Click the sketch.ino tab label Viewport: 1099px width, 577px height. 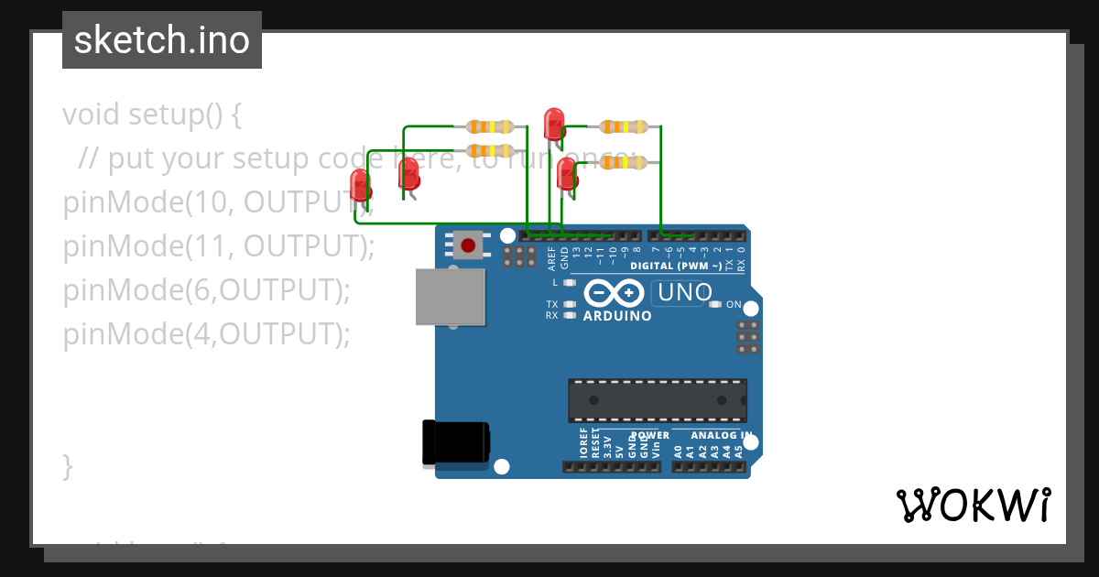[x=162, y=40]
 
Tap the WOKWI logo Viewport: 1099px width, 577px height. [x=974, y=506]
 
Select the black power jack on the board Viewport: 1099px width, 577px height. [x=455, y=443]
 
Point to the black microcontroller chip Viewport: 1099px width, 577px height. [x=657, y=400]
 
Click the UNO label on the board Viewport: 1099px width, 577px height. [x=682, y=293]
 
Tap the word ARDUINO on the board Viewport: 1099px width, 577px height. [x=615, y=316]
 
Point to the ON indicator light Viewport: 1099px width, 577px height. [x=714, y=304]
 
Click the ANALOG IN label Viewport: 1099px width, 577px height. [x=722, y=435]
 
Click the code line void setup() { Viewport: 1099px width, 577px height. [x=152, y=115]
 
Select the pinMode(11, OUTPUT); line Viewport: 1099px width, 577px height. [x=219, y=246]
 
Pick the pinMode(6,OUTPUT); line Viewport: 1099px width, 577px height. [x=207, y=290]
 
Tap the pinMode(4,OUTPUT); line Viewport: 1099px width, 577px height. [x=207, y=334]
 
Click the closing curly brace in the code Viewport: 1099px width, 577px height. [x=67, y=465]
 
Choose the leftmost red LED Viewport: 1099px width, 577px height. [x=360, y=187]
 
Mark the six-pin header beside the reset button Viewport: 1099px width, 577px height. [x=519, y=256]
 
